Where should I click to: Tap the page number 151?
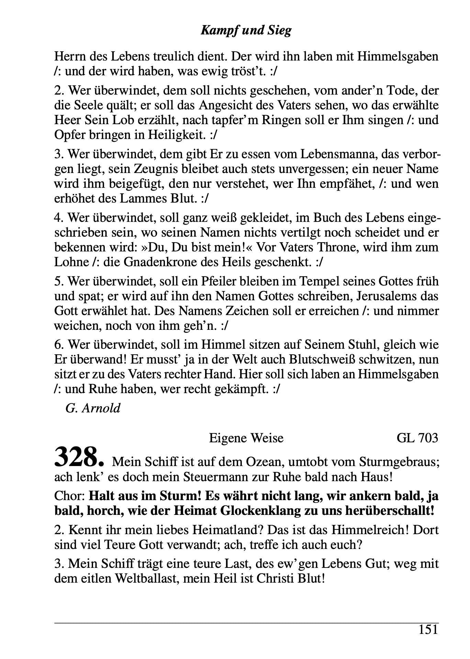428,629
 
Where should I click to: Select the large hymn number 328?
79,457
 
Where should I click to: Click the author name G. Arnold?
93,408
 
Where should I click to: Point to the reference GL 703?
417,438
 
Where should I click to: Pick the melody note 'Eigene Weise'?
246,438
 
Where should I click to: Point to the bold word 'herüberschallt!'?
381,511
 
